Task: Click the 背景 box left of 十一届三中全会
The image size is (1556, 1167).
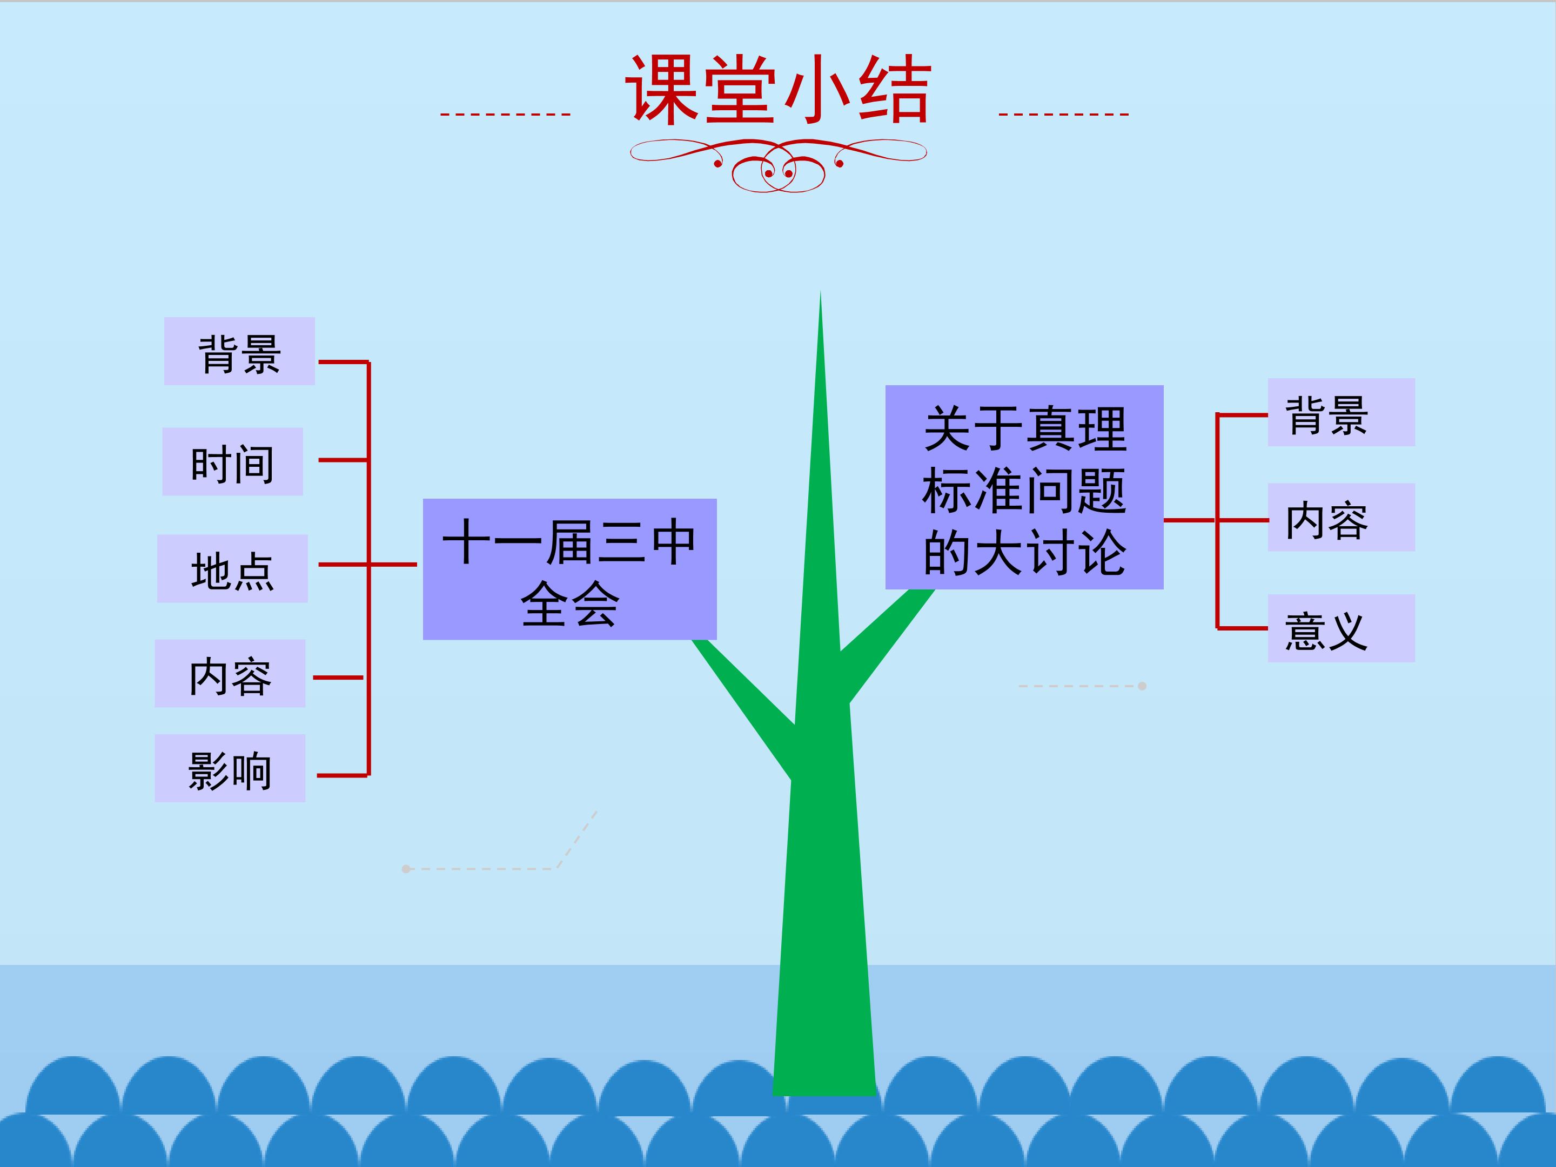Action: (x=239, y=351)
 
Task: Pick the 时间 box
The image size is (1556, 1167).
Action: (x=232, y=461)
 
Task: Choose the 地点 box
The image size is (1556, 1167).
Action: (x=232, y=568)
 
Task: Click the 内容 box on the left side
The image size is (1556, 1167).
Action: (x=230, y=673)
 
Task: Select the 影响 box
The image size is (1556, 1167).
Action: (x=230, y=768)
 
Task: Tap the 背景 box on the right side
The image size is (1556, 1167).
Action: (x=1341, y=412)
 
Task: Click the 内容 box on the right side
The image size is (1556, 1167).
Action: (x=1341, y=517)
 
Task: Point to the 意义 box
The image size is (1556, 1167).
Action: (x=1341, y=628)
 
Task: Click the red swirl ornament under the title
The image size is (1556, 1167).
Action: (x=778, y=165)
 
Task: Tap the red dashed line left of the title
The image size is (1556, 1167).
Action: (x=505, y=114)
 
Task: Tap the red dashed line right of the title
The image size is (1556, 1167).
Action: (x=1064, y=114)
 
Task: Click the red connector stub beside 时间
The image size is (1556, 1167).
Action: (x=343, y=460)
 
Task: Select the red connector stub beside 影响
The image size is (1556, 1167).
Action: (x=343, y=775)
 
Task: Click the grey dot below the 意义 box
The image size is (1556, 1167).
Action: (x=1142, y=686)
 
